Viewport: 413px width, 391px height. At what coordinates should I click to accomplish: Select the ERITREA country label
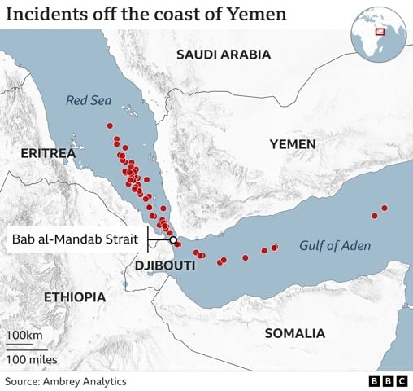pyautogui.click(x=48, y=153)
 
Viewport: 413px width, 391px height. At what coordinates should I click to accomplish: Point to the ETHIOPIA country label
pyautogui.click(x=75, y=297)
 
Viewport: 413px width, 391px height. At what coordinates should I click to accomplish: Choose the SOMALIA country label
pyautogui.click(x=294, y=333)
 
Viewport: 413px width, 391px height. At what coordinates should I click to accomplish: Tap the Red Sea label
pyautogui.click(x=89, y=101)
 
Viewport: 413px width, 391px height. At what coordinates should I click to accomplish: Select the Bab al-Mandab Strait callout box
pyautogui.click(x=76, y=239)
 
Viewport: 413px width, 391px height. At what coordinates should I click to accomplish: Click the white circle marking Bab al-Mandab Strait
pyautogui.click(x=173, y=239)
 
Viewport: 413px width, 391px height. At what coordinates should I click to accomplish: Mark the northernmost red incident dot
pyautogui.click(x=110, y=125)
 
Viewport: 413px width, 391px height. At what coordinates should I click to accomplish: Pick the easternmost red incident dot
pyautogui.click(x=385, y=209)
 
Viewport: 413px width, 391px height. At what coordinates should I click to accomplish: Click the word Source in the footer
pyautogui.click(x=23, y=380)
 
